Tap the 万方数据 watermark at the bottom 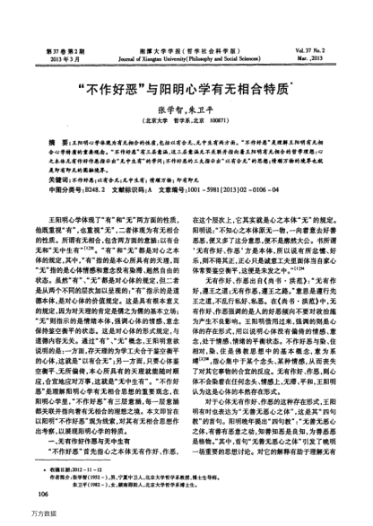click(19, 519)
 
